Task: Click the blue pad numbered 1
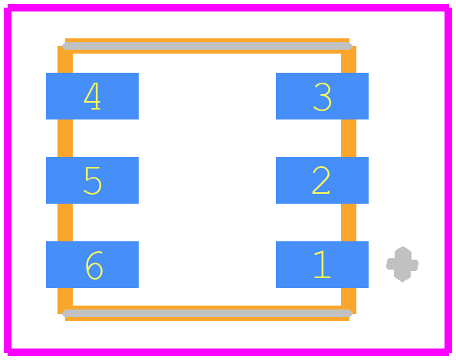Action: click(x=322, y=264)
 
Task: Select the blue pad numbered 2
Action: click(x=322, y=180)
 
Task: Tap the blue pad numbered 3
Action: click(x=322, y=96)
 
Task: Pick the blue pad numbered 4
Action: click(x=92, y=96)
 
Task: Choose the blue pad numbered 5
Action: click(x=92, y=180)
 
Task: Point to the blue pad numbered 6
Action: click(x=92, y=264)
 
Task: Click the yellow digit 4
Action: click(x=93, y=96)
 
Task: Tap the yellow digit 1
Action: click(x=322, y=264)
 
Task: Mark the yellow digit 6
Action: click(x=94, y=265)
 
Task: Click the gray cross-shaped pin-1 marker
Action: click(x=402, y=264)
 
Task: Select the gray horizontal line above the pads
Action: click(x=207, y=46)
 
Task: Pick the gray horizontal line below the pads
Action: click(x=207, y=313)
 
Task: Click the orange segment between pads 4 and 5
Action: click(x=65, y=139)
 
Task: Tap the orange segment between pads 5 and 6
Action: click(x=65, y=223)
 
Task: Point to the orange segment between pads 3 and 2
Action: click(x=349, y=139)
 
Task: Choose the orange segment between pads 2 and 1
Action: click(x=349, y=223)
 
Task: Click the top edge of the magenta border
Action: click(x=228, y=8)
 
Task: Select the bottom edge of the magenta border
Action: click(x=228, y=352)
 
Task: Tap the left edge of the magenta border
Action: click(x=8, y=180)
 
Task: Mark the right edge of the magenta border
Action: click(x=448, y=180)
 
